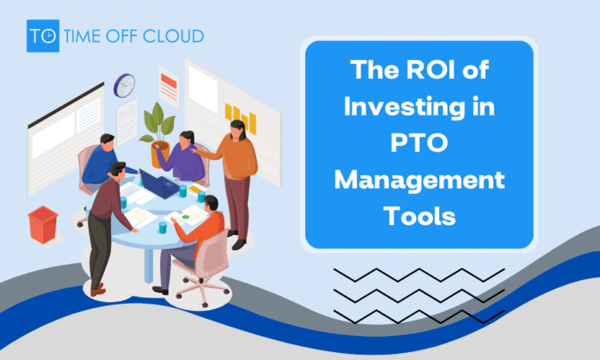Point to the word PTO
pyautogui.click(x=419, y=144)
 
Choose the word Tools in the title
pyautogui.click(x=419, y=216)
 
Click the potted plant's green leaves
pyautogui.click(x=161, y=121)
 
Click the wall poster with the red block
pyautogui.click(x=168, y=82)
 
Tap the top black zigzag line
pyautogui.click(x=419, y=275)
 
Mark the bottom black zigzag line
pyautogui.click(x=419, y=315)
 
